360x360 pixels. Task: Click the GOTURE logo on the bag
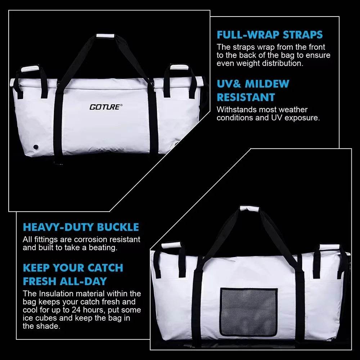(x=106, y=107)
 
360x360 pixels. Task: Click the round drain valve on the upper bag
(x=36, y=147)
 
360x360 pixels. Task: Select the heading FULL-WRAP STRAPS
(x=270, y=35)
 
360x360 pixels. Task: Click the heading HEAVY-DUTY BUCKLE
(x=81, y=227)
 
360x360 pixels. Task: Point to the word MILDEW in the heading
(x=267, y=84)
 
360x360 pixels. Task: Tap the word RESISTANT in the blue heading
(x=246, y=97)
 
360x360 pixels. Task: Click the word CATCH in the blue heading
(x=107, y=268)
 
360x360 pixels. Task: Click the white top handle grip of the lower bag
(x=249, y=208)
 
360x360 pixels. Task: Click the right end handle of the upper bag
(x=179, y=67)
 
